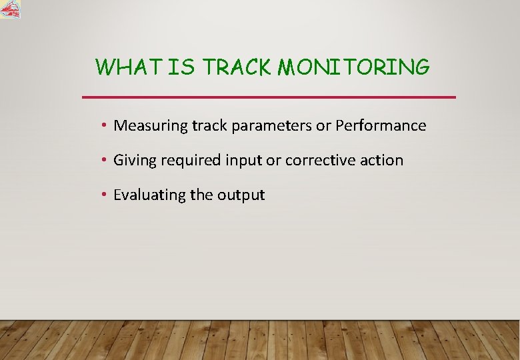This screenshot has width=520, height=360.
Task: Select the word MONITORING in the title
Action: (353, 67)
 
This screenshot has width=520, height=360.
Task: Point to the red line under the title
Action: (269, 97)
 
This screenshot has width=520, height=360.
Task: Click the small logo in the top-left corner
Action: (11, 9)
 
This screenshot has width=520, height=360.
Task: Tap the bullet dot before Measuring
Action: (105, 125)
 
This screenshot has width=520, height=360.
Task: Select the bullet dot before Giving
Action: (105, 160)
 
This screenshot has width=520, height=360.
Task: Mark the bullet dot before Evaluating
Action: (105, 195)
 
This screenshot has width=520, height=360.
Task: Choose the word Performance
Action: (381, 125)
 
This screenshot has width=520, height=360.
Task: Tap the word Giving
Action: (133, 161)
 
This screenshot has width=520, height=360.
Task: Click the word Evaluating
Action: (149, 195)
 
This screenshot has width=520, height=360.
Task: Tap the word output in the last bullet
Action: (241, 195)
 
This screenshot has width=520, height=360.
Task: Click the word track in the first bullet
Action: (207, 125)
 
